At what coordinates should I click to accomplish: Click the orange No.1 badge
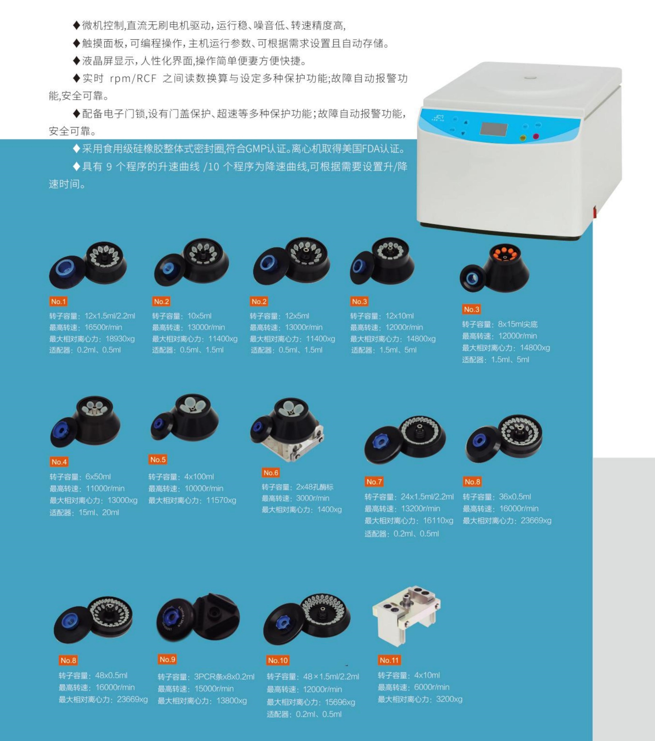tap(58, 301)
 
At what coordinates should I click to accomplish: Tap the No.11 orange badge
tap(389, 660)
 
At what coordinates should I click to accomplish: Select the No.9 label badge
tap(167, 659)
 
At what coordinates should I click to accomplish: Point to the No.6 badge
tap(271, 472)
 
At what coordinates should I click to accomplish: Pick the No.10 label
tap(278, 660)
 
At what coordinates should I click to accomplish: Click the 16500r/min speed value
tap(103, 327)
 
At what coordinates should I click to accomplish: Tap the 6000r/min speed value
tap(432, 687)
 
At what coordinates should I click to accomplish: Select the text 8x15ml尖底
tap(518, 324)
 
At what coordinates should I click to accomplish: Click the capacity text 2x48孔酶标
tap(315, 487)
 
